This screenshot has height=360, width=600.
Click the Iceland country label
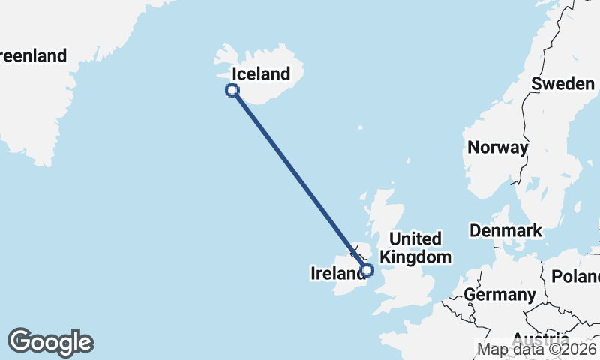tap(261, 73)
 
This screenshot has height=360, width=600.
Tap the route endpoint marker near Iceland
tap(232, 90)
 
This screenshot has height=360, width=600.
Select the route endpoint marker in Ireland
tap(367, 270)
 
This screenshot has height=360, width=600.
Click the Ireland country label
tap(338, 274)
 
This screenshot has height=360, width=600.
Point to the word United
tap(415, 239)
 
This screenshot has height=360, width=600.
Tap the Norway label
tap(497, 147)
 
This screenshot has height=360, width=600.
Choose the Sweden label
tap(562, 83)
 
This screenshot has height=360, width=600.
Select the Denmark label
tap(505, 230)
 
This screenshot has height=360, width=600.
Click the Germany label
tap(499, 294)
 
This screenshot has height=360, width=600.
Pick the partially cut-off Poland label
tap(576, 276)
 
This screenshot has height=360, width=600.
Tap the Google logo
tap(50, 342)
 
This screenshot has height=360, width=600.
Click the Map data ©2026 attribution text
tap(538, 349)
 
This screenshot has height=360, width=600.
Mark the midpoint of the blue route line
tap(300, 180)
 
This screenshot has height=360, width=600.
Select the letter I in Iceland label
tap(235, 73)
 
